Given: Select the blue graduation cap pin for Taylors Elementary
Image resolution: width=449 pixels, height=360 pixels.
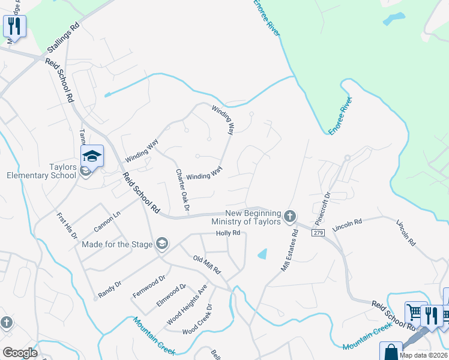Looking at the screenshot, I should pyautogui.click(x=92, y=157).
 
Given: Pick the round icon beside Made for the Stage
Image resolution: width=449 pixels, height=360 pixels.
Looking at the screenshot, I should pyautogui.click(x=161, y=243).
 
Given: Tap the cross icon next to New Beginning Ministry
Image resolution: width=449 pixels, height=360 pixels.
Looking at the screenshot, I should pyautogui.click(x=290, y=215).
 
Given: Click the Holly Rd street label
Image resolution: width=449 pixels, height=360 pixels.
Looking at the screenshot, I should pyautogui.click(x=228, y=233).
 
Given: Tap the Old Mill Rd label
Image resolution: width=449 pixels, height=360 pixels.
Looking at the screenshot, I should pyautogui.click(x=207, y=263).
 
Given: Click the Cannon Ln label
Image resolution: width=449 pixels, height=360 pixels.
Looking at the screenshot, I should pyautogui.click(x=107, y=221).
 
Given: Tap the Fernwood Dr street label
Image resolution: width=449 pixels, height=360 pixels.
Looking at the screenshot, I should pyautogui.click(x=148, y=287).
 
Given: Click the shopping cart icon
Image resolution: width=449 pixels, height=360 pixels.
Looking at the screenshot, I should pyautogui.click(x=414, y=312).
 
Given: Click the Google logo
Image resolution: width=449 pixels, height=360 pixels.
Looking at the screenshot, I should pyautogui.click(x=20, y=353).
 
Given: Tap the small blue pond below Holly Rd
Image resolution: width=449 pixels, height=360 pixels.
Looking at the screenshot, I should pyautogui.click(x=262, y=254).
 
